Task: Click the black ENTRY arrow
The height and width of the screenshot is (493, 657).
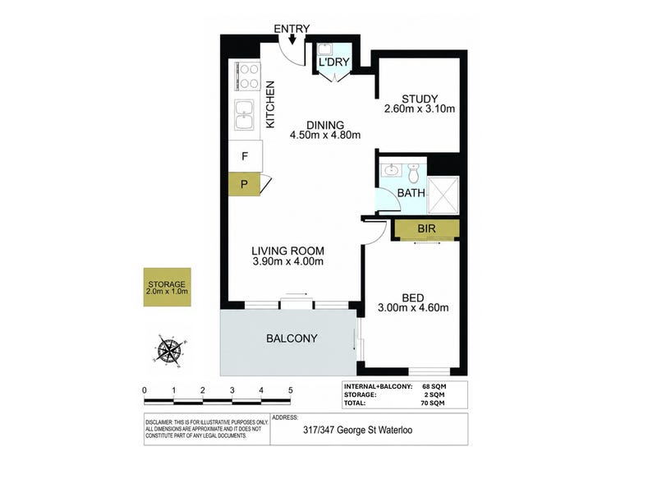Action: coord(292,39)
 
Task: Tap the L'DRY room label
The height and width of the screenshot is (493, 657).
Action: coord(333,62)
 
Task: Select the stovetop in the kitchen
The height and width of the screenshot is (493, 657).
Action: coord(247,76)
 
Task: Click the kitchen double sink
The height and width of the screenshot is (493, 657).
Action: coord(244,114)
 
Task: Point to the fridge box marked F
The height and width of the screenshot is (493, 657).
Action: coord(246,156)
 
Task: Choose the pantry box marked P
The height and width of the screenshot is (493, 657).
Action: coord(244,184)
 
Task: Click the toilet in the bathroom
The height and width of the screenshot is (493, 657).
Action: coord(413,173)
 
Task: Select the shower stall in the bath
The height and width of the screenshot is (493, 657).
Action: coord(443,195)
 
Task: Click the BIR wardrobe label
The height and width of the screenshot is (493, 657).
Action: coord(426,228)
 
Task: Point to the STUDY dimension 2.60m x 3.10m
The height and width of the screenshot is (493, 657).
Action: coord(420,109)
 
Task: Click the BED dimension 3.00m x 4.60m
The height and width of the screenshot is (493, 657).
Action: coord(413,307)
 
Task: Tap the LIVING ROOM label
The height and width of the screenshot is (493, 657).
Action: coord(288,251)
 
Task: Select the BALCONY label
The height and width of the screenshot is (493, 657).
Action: coord(292,339)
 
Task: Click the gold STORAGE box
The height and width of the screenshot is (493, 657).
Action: coord(168,287)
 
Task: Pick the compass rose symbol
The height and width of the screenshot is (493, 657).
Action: coord(169,348)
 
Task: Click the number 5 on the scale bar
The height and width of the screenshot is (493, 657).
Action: coord(291,390)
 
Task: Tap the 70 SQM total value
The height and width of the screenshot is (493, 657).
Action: coord(433,403)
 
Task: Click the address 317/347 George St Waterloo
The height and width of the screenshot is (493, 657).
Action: coord(357,430)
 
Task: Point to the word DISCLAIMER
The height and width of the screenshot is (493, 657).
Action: coord(159,422)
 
